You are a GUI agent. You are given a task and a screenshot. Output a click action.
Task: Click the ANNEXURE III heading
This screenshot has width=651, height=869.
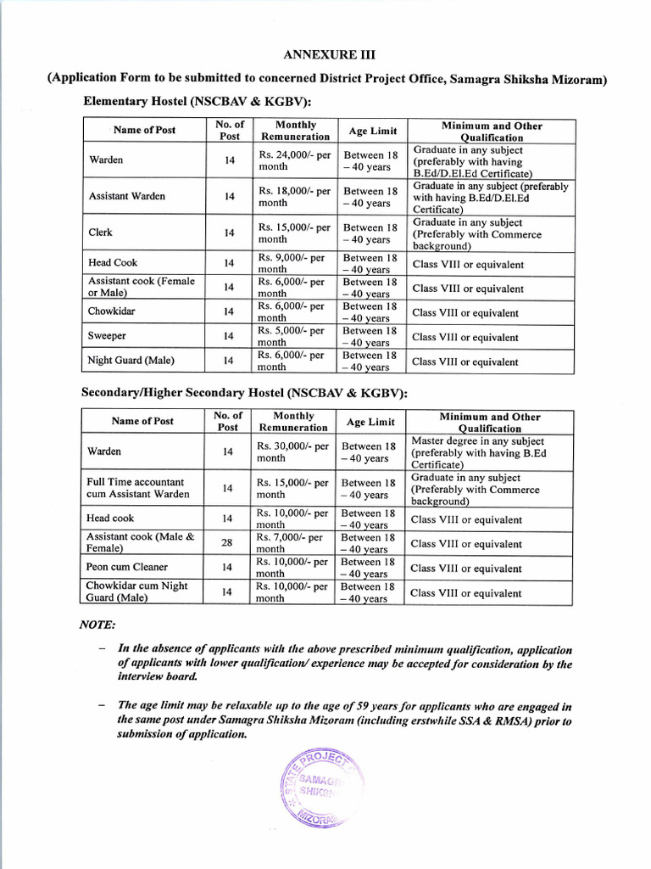click(x=325, y=55)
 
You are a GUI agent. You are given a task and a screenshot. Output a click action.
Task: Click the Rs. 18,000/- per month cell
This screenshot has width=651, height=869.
click(x=293, y=197)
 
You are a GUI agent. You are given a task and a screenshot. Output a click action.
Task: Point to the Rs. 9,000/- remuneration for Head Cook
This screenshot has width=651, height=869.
click(x=293, y=263)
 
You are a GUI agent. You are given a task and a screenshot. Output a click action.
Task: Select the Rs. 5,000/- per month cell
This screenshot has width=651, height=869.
click(x=293, y=336)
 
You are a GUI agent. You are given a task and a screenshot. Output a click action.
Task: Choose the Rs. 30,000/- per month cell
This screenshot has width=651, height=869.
click(x=292, y=451)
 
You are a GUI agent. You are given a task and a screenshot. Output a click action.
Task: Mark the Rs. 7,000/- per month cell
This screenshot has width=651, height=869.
click(x=292, y=543)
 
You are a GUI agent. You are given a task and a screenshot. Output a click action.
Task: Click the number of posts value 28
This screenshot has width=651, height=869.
click(x=226, y=543)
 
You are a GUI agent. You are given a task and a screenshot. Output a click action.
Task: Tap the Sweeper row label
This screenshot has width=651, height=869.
click(x=108, y=336)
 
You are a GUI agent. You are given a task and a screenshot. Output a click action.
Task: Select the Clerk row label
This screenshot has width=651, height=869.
click(x=100, y=233)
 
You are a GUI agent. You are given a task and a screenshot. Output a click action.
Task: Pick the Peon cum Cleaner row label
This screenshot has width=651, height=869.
click(x=127, y=567)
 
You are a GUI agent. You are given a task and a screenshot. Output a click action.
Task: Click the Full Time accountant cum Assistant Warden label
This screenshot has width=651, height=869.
click(x=138, y=488)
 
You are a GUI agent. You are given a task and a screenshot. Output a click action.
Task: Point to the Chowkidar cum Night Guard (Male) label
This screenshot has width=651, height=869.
click(x=137, y=591)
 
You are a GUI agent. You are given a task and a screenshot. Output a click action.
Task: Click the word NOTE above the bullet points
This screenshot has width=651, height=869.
click(x=97, y=625)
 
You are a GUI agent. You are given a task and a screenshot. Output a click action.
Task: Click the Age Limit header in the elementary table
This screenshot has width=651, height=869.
click(x=372, y=131)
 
